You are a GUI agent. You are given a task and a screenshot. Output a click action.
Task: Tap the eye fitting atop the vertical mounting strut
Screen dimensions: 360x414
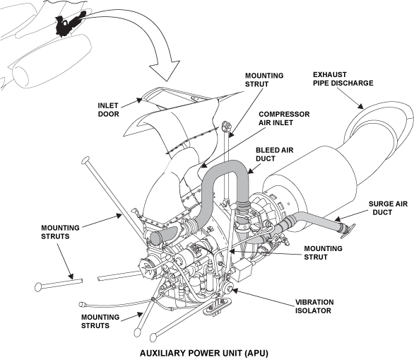click(x=227, y=128)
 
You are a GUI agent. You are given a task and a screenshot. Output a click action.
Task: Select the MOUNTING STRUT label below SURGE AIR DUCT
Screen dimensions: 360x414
click(x=323, y=253)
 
